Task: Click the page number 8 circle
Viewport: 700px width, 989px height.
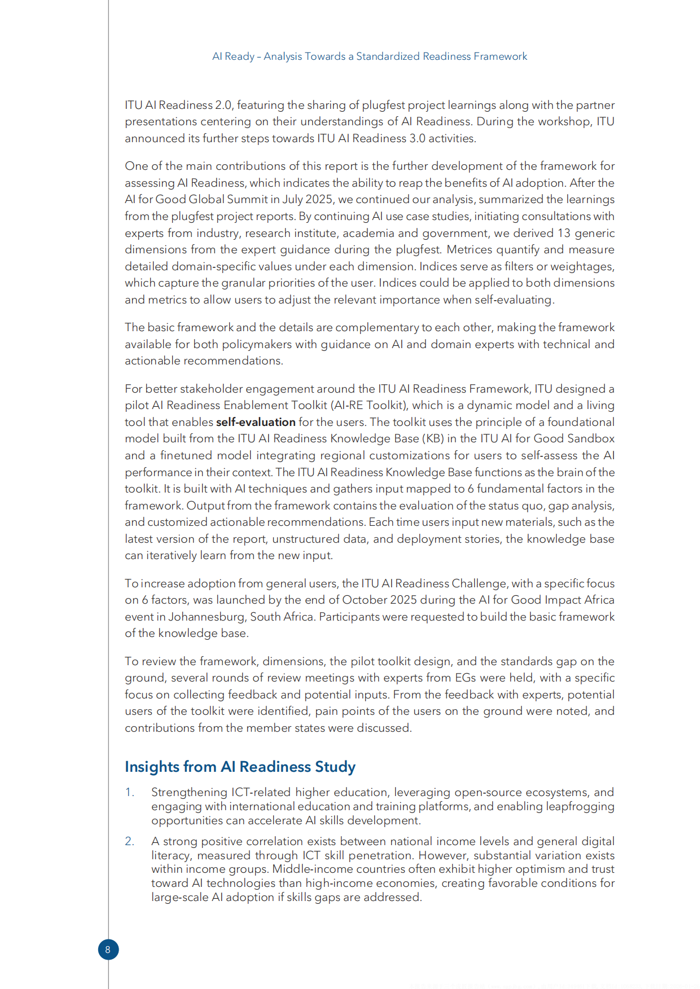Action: tap(108, 950)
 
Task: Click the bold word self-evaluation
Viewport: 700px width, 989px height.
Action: tap(256, 422)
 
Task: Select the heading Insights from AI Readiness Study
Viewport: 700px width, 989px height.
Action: tap(240, 767)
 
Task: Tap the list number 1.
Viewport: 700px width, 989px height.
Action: tap(129, 792)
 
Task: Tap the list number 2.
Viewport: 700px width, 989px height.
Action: tap(129, 841)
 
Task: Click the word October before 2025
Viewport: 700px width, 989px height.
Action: tap(364, 600)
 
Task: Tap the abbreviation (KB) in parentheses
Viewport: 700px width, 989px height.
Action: tap(433, 438)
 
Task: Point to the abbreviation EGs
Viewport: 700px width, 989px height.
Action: tap(465, 678)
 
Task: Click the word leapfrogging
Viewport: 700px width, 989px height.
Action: tap(580, 806)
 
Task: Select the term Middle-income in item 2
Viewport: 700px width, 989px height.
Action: tap(307, 869)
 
